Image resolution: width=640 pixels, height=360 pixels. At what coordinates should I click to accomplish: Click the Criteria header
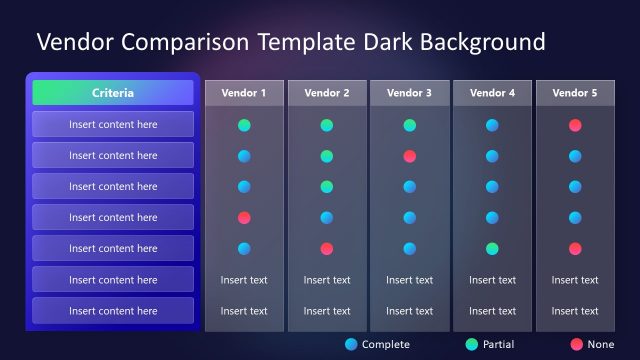[x=112, y=93]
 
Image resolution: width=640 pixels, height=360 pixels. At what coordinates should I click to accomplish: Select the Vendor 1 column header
[x=244, y=93]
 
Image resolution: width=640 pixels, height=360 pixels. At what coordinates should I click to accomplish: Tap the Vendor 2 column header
[x=327, y=93]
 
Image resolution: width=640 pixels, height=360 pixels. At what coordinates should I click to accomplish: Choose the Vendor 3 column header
[x=410, y=93]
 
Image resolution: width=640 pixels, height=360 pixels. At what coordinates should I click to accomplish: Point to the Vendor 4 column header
[x=492, y=93]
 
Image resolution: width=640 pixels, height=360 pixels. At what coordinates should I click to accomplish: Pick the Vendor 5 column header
[x=575, y=93]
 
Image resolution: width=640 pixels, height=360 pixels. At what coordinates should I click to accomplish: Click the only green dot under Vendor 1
[x=244, y=125]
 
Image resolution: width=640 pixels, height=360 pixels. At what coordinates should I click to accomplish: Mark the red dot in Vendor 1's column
[x=244, y=217]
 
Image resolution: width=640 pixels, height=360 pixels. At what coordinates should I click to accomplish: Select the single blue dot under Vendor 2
[x=327, y=217]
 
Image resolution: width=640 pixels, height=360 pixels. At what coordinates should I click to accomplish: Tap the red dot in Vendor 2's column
[x=327, y=248]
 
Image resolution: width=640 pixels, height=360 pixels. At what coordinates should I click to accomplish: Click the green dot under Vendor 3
[x=410, y=125]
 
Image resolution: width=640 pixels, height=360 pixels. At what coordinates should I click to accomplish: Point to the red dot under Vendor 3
[x=410, y=156]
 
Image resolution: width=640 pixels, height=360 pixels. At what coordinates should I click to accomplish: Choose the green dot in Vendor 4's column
[x=492, y=248]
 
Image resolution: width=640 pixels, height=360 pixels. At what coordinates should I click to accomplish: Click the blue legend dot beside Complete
[x=350, y=344]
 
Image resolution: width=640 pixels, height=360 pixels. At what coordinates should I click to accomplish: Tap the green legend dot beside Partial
[x=472, y=344]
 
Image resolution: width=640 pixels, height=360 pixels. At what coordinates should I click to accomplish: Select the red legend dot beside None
[x=576, y=344]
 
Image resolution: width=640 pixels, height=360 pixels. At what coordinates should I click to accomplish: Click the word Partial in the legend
[x=498, y=344]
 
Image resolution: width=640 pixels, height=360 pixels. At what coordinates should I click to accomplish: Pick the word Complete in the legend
[x=386, y=344]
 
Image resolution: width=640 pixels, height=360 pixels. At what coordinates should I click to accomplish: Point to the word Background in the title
[x=481, y=42]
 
